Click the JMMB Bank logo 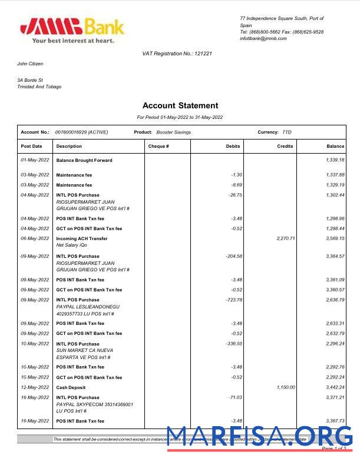(72, 30)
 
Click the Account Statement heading (180, 106)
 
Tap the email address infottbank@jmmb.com (263, 39)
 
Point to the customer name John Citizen (30, 64)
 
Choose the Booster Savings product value (173, 132)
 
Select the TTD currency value (287, 132)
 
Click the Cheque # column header (158, 146)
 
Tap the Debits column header (233, 146)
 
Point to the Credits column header (285, 146)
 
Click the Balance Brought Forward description (84, 160)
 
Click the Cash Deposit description (71, 387)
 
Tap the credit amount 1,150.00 (285, 387)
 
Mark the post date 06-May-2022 (35, 238)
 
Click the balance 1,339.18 (335, 160)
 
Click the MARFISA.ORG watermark (260, 437)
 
